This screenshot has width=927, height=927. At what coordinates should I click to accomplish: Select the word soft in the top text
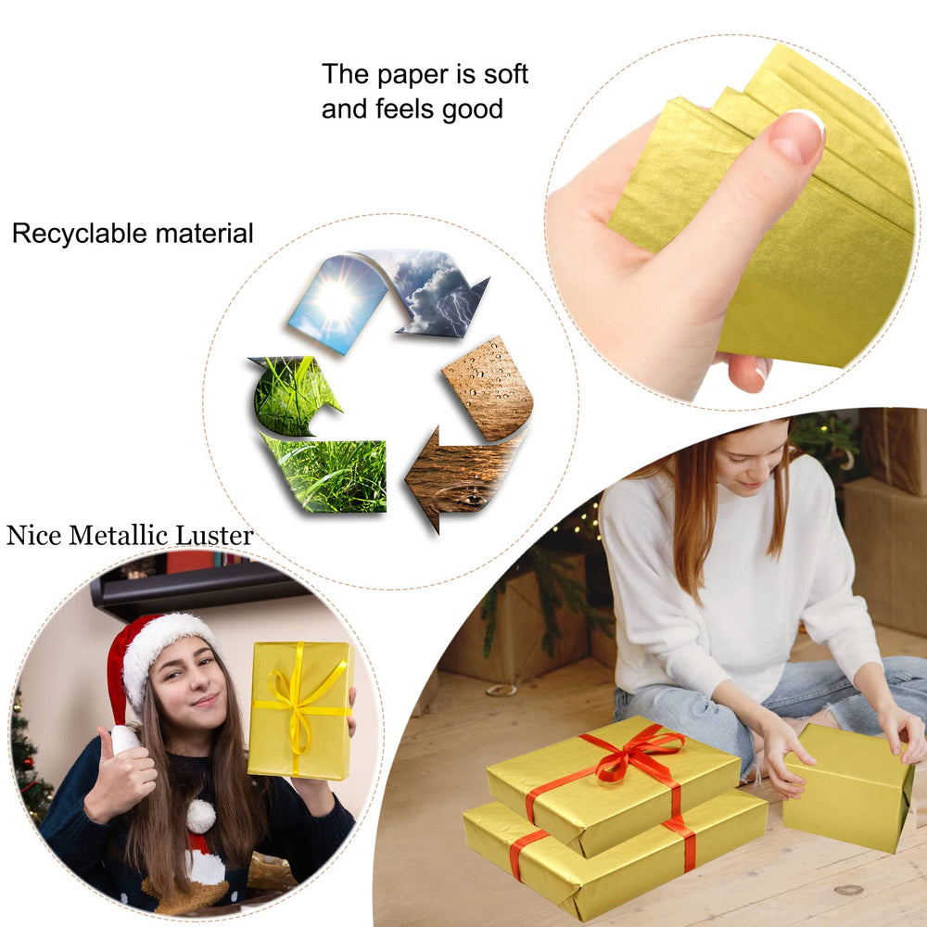click(x=505, y=74)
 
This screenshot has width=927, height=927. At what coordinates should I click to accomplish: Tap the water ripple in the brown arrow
click(x=467, y=494)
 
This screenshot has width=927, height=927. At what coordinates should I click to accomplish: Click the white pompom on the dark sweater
click(x=201, y=817)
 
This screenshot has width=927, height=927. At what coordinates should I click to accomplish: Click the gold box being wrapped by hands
click(x=847, y=786)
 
